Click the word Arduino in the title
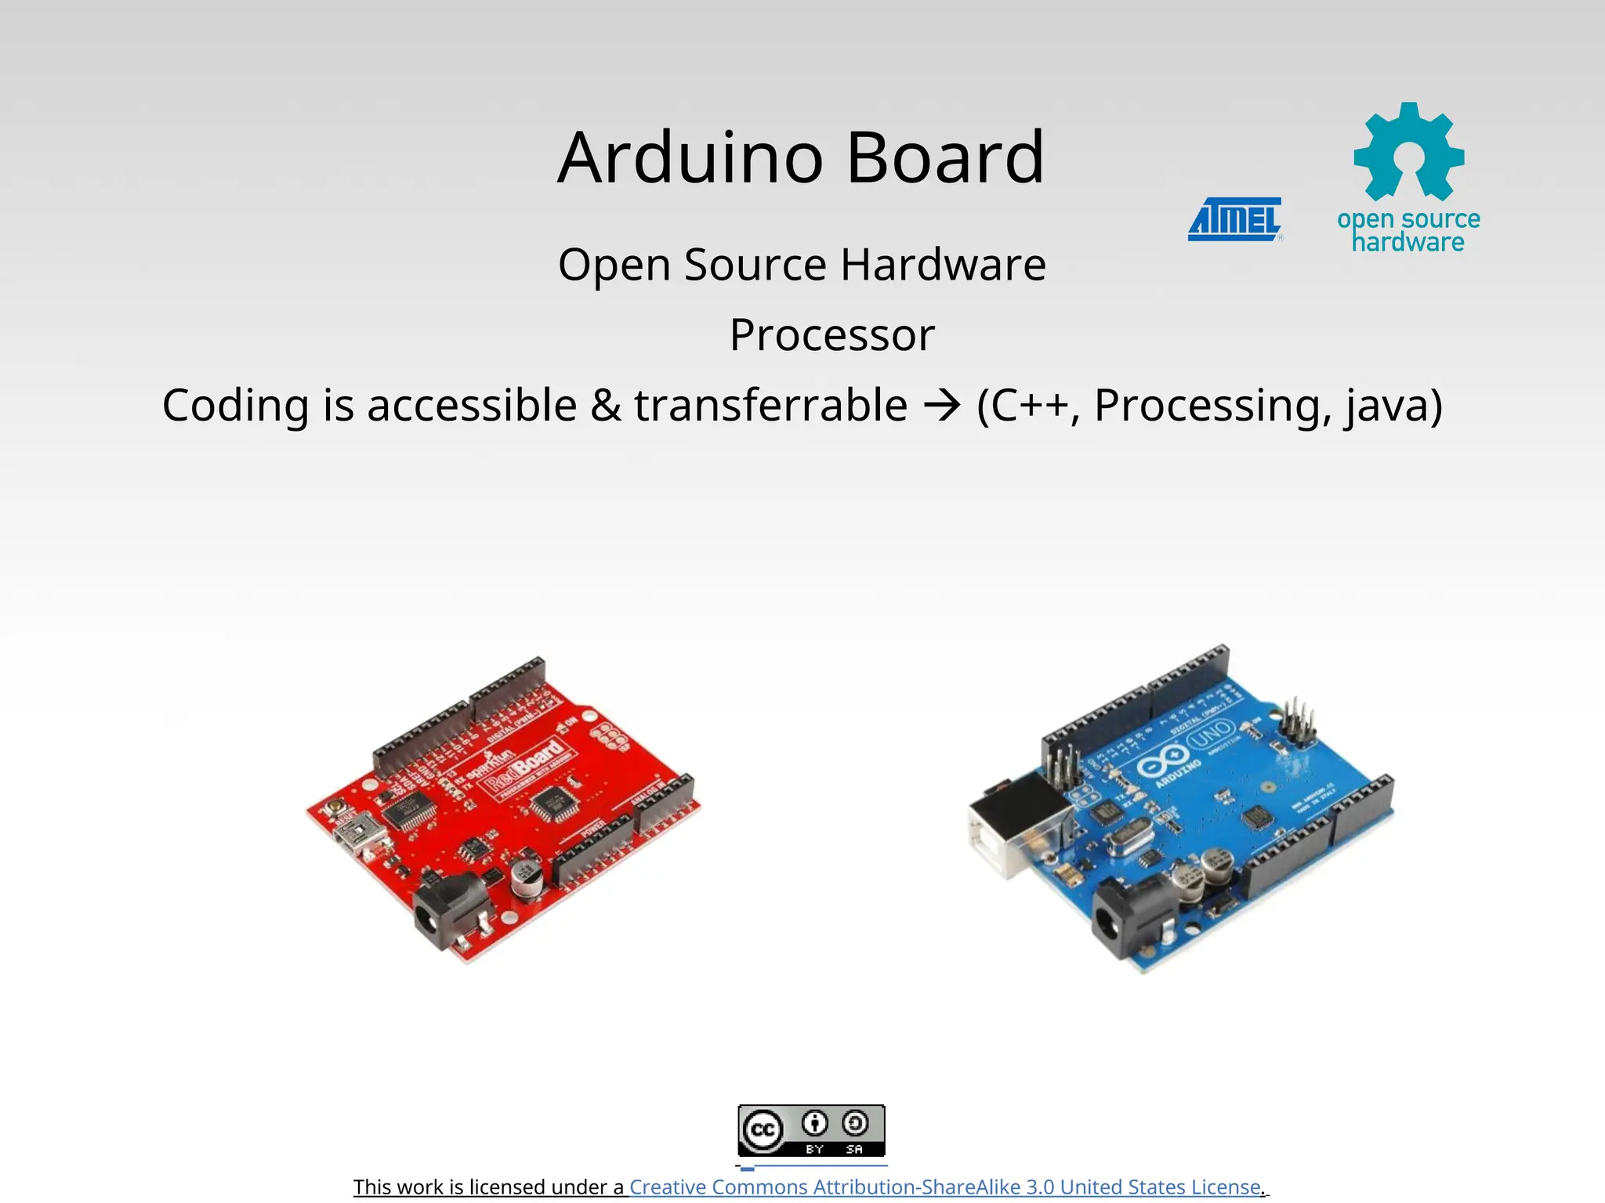pyautogui.click(x=690, y=158)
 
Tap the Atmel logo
pyautogui.click(x=1235, y=219)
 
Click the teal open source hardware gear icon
pyautogui.click(x=1408, y=152)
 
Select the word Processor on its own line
pyautogui.click(x=831, y=335)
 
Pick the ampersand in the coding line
pyautogui.click(x=605, y=406)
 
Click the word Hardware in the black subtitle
pyautogui.click(x=943, y=265)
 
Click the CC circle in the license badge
pyautogui.click(x=763, y=1130)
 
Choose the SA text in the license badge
pyautogui.click(x=854, y=1149)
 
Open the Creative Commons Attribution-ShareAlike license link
pyautogui.click(x=944, y=1187)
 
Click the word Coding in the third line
pyautogui.click(x=236, y=406)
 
